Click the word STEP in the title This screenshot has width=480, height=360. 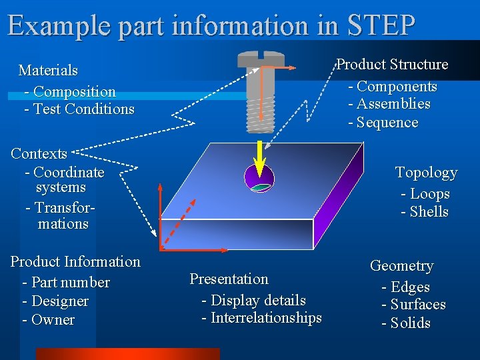click(381, 25)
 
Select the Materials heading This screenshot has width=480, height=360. click(48, 70)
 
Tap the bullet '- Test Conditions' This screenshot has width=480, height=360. click(79, 109)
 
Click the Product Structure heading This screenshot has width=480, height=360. click(392, 65)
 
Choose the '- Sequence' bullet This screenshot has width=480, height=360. click(383, 123)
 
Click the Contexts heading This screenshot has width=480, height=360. click(39, 153)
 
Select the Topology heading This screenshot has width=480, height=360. click(426, 173)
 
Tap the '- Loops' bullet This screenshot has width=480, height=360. click(425, 194)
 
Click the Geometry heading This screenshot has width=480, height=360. click(401, 266)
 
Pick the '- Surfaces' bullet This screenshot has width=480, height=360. click(413, 305)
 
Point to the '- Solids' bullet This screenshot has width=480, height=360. click(406, 323)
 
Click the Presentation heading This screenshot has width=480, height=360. click(229, 279)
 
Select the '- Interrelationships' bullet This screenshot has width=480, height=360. click(261, 318)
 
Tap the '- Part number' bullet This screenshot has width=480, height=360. click(66, 282)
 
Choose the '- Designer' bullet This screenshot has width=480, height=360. click(55, 301)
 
